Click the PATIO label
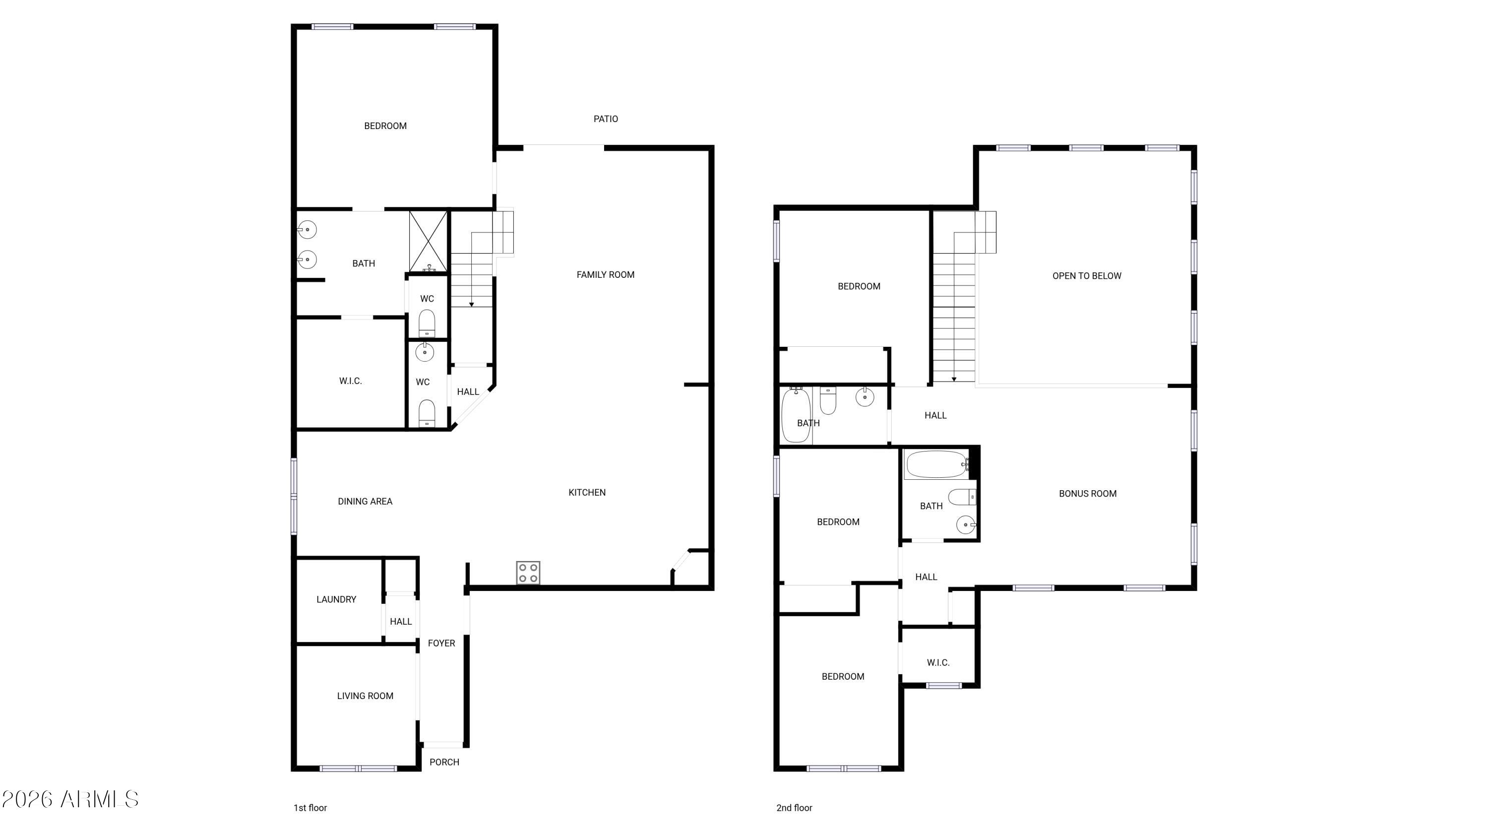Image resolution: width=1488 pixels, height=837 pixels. tap(605, 119)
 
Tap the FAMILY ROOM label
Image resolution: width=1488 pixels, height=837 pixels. tap(605, 275)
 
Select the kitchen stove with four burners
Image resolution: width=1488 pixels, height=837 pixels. tap(528, 573)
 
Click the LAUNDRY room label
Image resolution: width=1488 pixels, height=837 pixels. tap(336, 599)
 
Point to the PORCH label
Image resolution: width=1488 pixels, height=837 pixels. tap(444, 762)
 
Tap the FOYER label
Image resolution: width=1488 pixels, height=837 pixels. tap(441, 644)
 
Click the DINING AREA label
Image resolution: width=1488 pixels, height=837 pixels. tap(365, 502)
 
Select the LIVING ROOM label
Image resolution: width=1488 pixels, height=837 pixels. tap(365, 696)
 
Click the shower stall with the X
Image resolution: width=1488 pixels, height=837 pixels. tap(428, 242)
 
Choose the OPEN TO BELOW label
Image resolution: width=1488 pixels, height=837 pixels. tap(1087, 276)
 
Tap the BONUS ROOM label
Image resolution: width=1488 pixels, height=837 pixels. tap(1088, 494)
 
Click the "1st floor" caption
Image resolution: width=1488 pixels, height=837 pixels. tap(310, 808)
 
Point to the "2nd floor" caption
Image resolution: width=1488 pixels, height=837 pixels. tap(794, 808)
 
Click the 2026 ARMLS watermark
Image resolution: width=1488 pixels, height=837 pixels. tap(70, 799)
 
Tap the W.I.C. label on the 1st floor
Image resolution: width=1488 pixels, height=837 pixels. tap(351, 381)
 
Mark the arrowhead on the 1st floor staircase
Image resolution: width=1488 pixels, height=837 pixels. tap(471, 305)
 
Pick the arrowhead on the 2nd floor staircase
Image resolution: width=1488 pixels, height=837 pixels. tap(954, 379)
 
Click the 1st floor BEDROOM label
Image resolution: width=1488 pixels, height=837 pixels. tap(385, 126)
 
